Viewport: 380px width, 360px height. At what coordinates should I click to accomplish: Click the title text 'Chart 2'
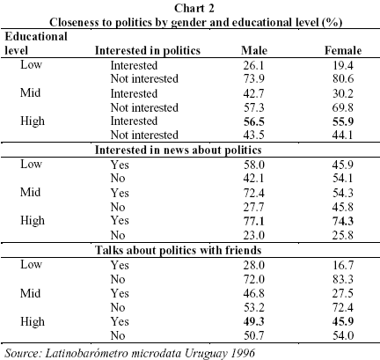pyautogui.click(x=194, y=8)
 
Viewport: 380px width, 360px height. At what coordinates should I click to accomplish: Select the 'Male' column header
pyautogui.click(x=254, y=50)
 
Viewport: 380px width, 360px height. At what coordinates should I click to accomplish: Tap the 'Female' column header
pyautogui.click(x=343, y=50)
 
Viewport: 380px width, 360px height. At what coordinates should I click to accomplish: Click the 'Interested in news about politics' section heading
pyautogui.click(x=178, y=150)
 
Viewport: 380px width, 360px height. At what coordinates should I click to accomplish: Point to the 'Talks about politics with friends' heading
pyautogui.click(x=178, y=250)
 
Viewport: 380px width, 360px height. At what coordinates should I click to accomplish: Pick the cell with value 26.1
pyautogui.click(x=254, y=65)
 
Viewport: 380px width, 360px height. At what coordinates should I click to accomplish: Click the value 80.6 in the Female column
pyautogui.click(x=343, y=78)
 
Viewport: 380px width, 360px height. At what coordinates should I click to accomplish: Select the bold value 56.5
pyautogui.click(x=254, y=121)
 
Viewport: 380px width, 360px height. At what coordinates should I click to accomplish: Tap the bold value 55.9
pyautogui.click(x=343, y=121)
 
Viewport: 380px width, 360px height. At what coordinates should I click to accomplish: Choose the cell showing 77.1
pyautogui.click(x=254, y=221)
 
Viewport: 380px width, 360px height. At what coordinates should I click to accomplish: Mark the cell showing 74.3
pyautogui.click(x=343, y=221)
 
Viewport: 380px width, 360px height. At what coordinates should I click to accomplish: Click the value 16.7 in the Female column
pyautogui.click(x=343, y=265)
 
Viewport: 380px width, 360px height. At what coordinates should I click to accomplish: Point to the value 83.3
pyautogui.click(x=343, y=279)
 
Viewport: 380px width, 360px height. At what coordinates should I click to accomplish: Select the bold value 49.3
pyautogui.click(x=254, y=321)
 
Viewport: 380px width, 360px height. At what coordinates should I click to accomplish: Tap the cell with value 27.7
pyautogui.click(x=254, y=207)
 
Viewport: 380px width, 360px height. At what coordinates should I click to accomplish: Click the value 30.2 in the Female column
pyautogui.click(x=343, y=93)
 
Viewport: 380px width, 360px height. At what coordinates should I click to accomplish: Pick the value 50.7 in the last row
pyautogui.click(x=254, y=335)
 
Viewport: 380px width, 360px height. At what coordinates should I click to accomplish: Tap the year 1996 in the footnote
pyautogui.click(x=243, y=352)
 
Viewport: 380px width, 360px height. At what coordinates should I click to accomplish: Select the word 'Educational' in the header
pyautogui.click(x=36, y=36)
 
